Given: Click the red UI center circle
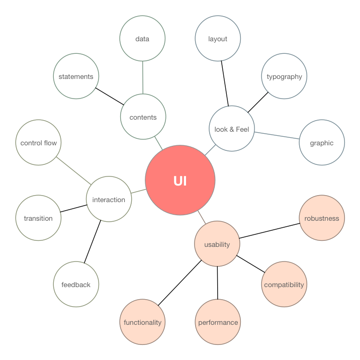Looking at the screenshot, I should click(180, 181).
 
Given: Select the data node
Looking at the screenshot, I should click(143, 39).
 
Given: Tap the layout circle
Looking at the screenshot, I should click(218, 39).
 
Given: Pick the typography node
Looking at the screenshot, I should click(284, 77).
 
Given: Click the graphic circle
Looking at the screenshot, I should click(322, 143).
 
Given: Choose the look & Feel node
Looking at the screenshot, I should click(232, 128).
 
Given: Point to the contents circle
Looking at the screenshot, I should click(143, 117).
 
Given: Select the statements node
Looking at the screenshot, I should click(76, 77).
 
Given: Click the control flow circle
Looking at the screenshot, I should click(38, 143).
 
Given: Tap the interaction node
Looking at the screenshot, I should click(109, 200).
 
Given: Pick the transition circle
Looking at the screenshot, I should click(38, 218).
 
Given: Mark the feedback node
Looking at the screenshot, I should click(76, 285).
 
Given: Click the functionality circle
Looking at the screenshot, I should click(143, 322).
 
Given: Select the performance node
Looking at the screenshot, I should click(218, 322).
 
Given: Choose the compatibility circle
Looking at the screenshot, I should click(284, 285).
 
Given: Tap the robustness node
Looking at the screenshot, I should click(322, 218).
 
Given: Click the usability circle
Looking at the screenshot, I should click(217, 245).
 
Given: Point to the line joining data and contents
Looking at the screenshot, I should click(143, 78).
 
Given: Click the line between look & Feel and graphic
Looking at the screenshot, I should click(277, 135).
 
